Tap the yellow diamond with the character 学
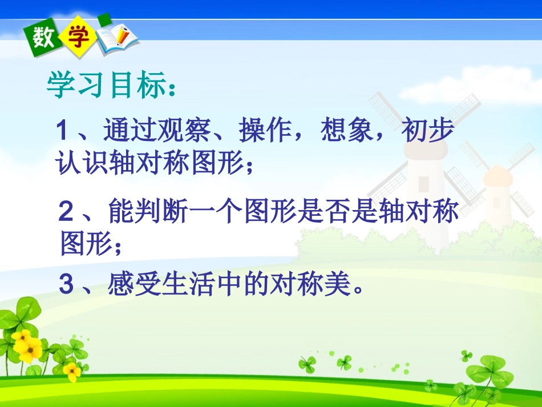click(x=78, y=38)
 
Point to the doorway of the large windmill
click(x=423, y=184)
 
